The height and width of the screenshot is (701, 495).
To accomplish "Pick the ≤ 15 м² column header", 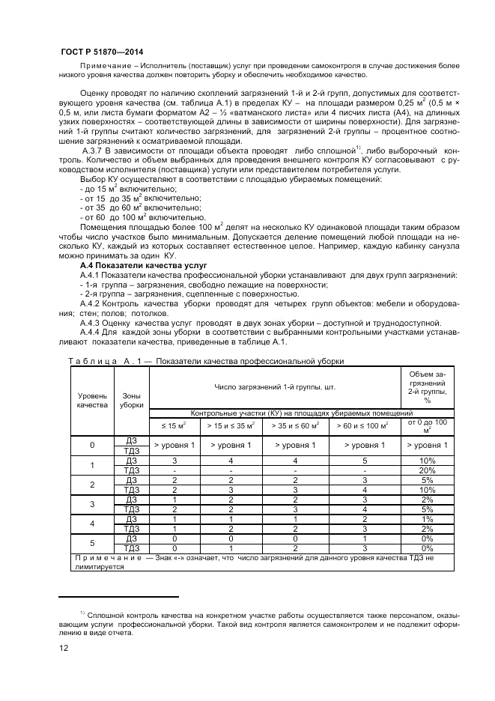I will pos(174,425).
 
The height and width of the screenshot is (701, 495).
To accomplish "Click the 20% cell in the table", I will pos(427,470).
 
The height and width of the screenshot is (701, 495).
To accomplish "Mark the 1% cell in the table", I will pos(427,518).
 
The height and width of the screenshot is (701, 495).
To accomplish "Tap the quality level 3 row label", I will pos(92,504).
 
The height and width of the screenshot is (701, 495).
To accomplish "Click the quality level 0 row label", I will pos(92,446).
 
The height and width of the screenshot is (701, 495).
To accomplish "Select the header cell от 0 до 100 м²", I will pos(427,425).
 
